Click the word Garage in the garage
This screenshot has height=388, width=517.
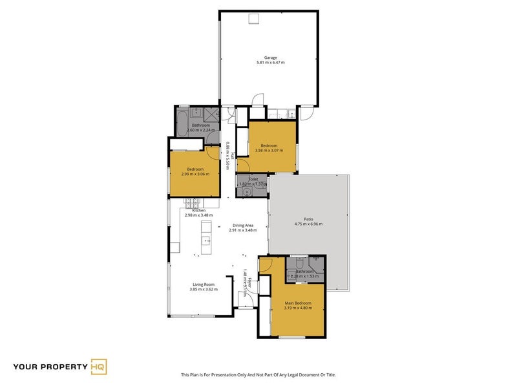click(270, 58)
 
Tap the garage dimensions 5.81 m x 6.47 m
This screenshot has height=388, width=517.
click(270, 63)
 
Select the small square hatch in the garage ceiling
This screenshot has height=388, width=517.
click(255, 18)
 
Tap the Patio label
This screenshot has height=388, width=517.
click(308, 219)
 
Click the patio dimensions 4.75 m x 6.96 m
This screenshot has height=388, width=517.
click(308, 224)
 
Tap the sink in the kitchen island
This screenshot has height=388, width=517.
click(207, 242)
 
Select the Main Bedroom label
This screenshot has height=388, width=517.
click(298, 303)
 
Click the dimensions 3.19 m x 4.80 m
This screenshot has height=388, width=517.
click(298, 308)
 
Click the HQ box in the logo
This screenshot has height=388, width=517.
click(100, 367)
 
